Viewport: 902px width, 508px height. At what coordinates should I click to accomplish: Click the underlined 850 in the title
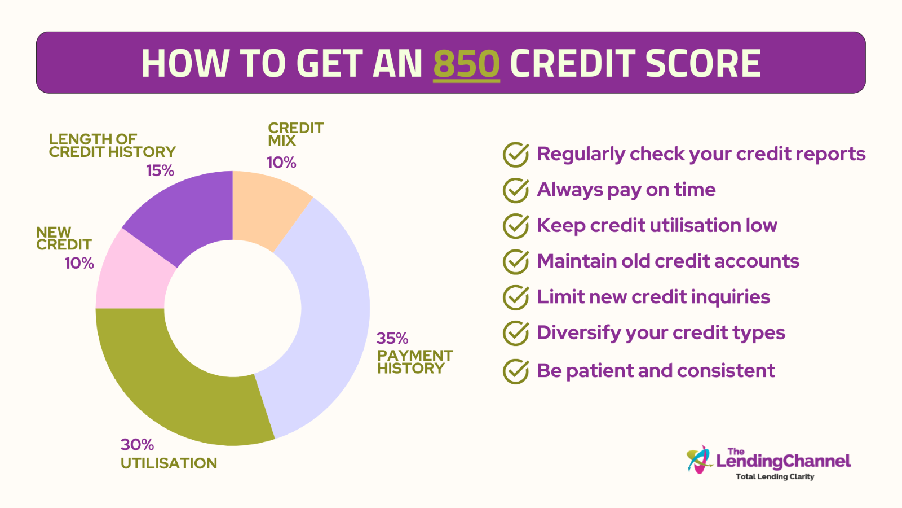pos(466,63)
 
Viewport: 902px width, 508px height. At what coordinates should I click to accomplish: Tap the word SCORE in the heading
pos(703,63)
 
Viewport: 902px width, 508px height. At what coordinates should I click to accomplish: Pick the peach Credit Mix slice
pos(266,205)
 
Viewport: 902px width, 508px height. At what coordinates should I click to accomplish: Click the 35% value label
pos(392,339)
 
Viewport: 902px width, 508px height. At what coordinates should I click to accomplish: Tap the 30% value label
pos(137,445)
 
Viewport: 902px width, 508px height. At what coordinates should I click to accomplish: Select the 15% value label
pos(160,170)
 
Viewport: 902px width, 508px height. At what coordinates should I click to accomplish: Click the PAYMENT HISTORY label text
pos(415,362)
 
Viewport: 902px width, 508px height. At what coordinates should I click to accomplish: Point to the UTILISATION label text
pos(169,463)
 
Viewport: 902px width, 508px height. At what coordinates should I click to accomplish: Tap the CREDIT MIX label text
pos(295,134)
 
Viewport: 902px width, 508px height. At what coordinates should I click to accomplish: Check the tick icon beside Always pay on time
pos(516,190)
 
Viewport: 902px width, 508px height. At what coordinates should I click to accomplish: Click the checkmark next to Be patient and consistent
pos(516,371)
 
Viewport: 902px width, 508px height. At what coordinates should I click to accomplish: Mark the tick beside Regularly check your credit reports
pos(516,155)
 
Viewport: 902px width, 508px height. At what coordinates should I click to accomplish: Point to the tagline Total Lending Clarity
pos(775,476)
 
